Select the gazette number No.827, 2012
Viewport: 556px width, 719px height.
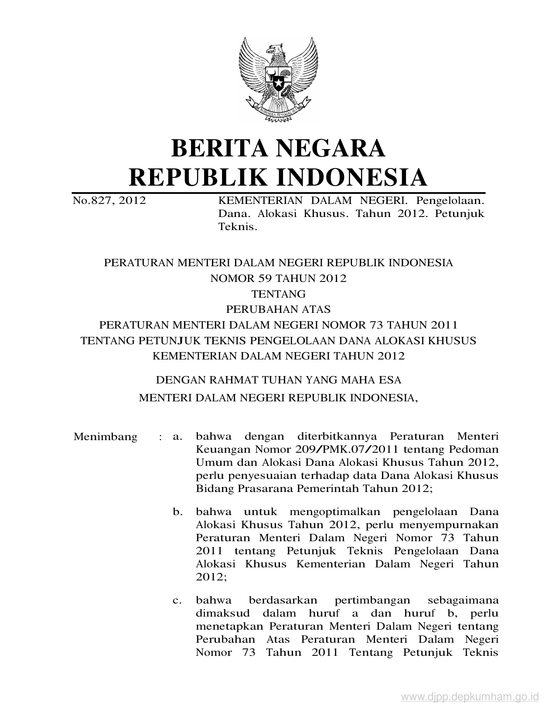[x=109, y=201]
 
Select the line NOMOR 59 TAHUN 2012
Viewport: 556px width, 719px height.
[x=278, y=278]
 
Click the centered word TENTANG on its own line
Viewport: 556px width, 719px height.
[x=278, y=294]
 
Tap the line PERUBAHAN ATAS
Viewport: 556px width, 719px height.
[x=278, y=309]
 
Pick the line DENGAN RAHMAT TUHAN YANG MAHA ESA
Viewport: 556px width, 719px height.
[x=278, y=380]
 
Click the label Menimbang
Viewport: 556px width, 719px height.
[x=105, y=437]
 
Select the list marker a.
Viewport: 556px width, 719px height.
[x=177, y=437]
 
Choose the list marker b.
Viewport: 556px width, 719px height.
[x=177, y=512]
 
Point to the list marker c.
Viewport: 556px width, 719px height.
[x=177, y=601]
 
